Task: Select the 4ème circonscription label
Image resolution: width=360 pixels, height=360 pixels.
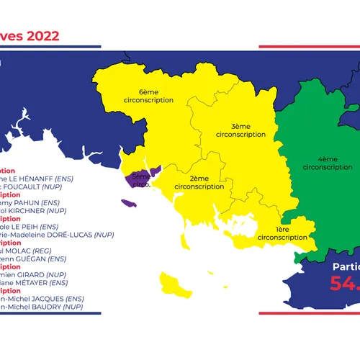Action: [x=319, y=162]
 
